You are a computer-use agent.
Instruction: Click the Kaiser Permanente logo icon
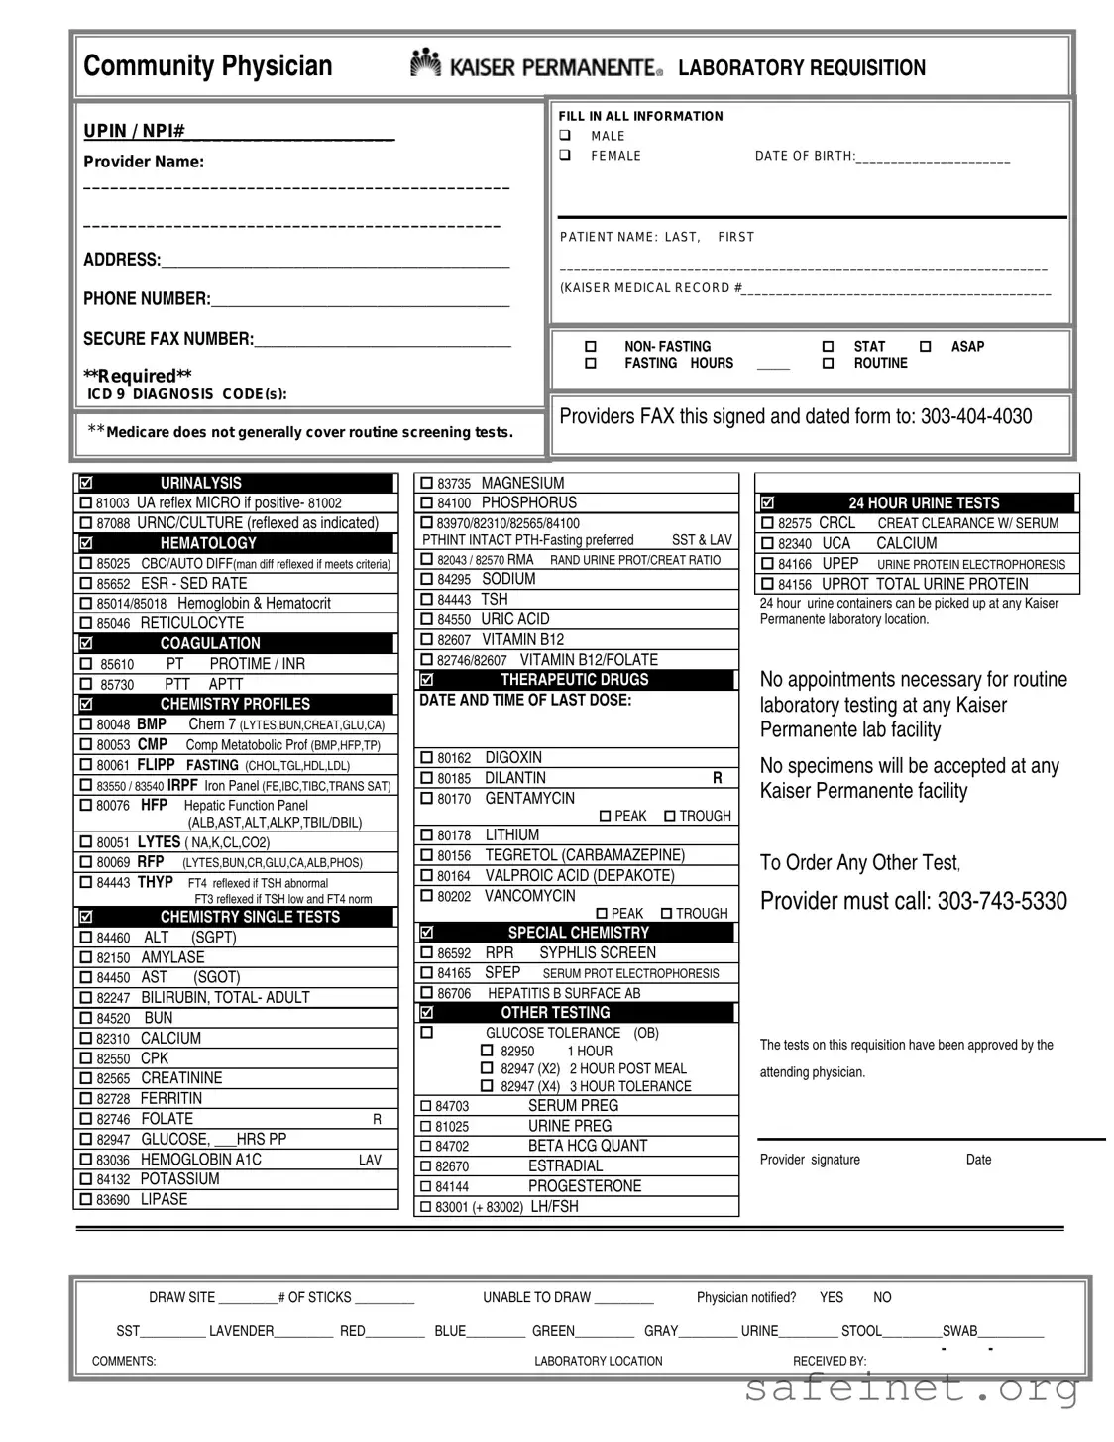(x=425, y=63)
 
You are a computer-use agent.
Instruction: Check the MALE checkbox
(x=565, y=136)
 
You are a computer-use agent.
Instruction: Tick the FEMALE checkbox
(x=565, y=156)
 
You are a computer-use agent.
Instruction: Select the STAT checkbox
(x=828, y=347)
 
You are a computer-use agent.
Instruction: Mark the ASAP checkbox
(x=925, y=347)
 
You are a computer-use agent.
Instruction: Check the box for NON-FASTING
(x=591, y=347)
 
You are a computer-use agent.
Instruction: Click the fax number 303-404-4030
(x=975, y=416)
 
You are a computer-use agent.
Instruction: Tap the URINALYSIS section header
(x=201, y=483)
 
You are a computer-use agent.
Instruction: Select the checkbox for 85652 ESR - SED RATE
(x=86, y=584)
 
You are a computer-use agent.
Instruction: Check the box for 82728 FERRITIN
(x=86, y=1099)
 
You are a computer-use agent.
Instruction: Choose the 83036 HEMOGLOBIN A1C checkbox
(x=86, y=1160)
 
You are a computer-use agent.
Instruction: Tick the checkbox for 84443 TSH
(x=427, y=600)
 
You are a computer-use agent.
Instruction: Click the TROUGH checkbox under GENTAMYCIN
(x=670, y=816)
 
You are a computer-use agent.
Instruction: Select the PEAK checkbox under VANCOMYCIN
(x=602, y=913)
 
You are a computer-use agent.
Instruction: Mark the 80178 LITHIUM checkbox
(x=427, y=835)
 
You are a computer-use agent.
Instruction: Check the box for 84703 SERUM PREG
(x=427, y=1106)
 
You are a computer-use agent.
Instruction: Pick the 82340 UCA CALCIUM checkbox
(x=767, y=544)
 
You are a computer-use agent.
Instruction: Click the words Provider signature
(x=810, y=1160)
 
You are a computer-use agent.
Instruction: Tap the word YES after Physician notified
(x=831, y=1297)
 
